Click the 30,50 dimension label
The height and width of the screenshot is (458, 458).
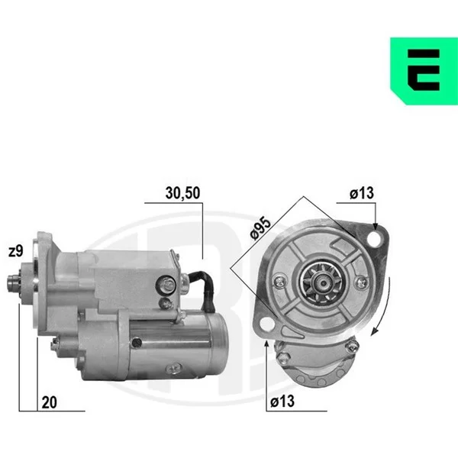182,193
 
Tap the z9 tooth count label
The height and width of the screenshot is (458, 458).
16,251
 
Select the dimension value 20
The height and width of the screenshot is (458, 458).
49,403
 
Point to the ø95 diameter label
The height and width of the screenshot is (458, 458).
261,228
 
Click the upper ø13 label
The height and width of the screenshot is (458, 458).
362,193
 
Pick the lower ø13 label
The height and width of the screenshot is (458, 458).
282,402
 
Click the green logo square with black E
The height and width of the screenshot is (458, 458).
424,71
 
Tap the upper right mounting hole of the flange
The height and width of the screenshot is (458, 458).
375,239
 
